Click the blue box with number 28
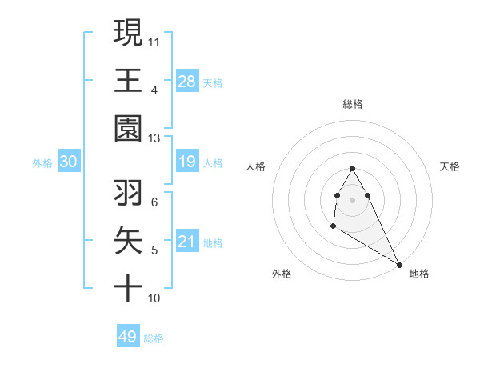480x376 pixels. click(x=187, y=82)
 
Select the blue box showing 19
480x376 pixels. click(x=187, y=162)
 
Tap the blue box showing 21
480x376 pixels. click(x=187, y=242)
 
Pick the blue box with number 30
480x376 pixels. click(x=69, y=162)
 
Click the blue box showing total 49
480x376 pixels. click(x=128, y=337)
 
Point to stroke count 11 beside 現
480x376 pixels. click(x=154, y=40)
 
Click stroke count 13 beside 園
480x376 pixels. click(x=154, y=138)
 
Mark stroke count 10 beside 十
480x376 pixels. click(x=154, y=298)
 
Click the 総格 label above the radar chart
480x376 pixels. click(x=353, y=104)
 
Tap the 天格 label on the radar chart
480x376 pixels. click(x=450, y=166)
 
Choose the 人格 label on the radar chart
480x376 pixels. click(x=255, y=166)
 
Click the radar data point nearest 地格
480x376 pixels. click(x=399, y=265)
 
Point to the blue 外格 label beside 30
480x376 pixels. click(x=42, y=163)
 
